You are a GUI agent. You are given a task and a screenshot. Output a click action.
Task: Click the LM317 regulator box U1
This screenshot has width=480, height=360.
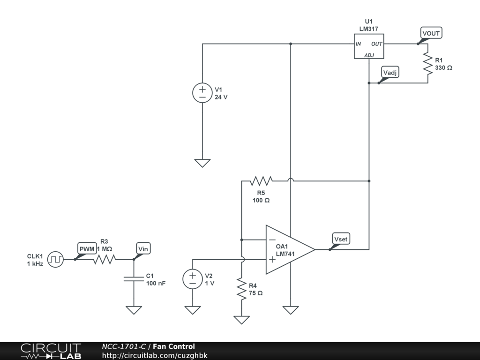[368, 46]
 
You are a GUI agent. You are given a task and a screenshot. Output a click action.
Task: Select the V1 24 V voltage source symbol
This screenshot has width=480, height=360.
[202, 92]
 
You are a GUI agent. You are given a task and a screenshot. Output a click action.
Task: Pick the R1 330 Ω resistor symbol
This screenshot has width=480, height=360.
[427, 64]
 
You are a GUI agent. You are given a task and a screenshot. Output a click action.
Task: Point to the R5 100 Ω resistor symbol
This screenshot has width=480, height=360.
[261, 180]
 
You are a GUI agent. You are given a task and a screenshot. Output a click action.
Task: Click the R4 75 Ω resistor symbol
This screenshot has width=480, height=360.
[241, 289]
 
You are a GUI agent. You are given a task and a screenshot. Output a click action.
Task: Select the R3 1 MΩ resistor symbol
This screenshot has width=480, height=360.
[104, 259]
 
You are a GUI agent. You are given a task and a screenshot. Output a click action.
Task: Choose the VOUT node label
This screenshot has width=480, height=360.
[431, 33]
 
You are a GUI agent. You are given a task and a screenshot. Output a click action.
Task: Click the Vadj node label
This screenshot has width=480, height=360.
[390, 72]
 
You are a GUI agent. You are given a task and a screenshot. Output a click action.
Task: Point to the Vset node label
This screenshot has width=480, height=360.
[341, 239]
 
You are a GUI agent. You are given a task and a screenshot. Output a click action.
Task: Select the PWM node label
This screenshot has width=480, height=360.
[87, 248]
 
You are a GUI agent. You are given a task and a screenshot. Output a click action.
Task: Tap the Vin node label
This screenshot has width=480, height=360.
[143, 249]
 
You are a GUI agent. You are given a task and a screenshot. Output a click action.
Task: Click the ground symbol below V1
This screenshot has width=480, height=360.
[202, 163]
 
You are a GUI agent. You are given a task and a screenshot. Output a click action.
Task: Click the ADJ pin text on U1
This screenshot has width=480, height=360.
[369, 55]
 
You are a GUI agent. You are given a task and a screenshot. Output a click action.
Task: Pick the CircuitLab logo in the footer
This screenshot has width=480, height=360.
[51, 351]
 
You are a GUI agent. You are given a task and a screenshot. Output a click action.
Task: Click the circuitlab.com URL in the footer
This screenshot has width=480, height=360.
[155, 355]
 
